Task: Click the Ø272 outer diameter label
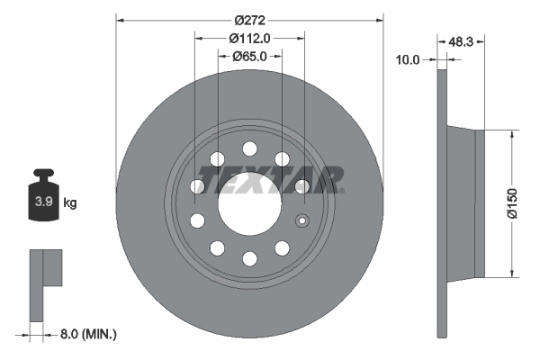pyautogui.click(x=249, y=19)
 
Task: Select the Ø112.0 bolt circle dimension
pyautogui.click(x=249, y=38)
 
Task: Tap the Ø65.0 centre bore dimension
pyautogui.click(x=249, y=56)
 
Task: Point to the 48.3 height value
pyautogui.click(x=461, y=41)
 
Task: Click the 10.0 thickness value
pyautogui.click(x=408, y=59)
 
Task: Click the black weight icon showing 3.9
pyautogui.click(x=43, y=196)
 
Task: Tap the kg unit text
pyautogui.click(x=70, y=203)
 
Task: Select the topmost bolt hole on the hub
pyautogui.click(x=249, y=149)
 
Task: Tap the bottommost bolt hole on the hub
pyautogui.click(x=249, y=258)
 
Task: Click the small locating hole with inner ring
pyautogui.click(x=302, y=221)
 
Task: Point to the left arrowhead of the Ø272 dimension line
pyautogui.click(x=120, y=19)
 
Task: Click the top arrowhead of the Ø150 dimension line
pyautogui.click(x=513, y=133)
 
